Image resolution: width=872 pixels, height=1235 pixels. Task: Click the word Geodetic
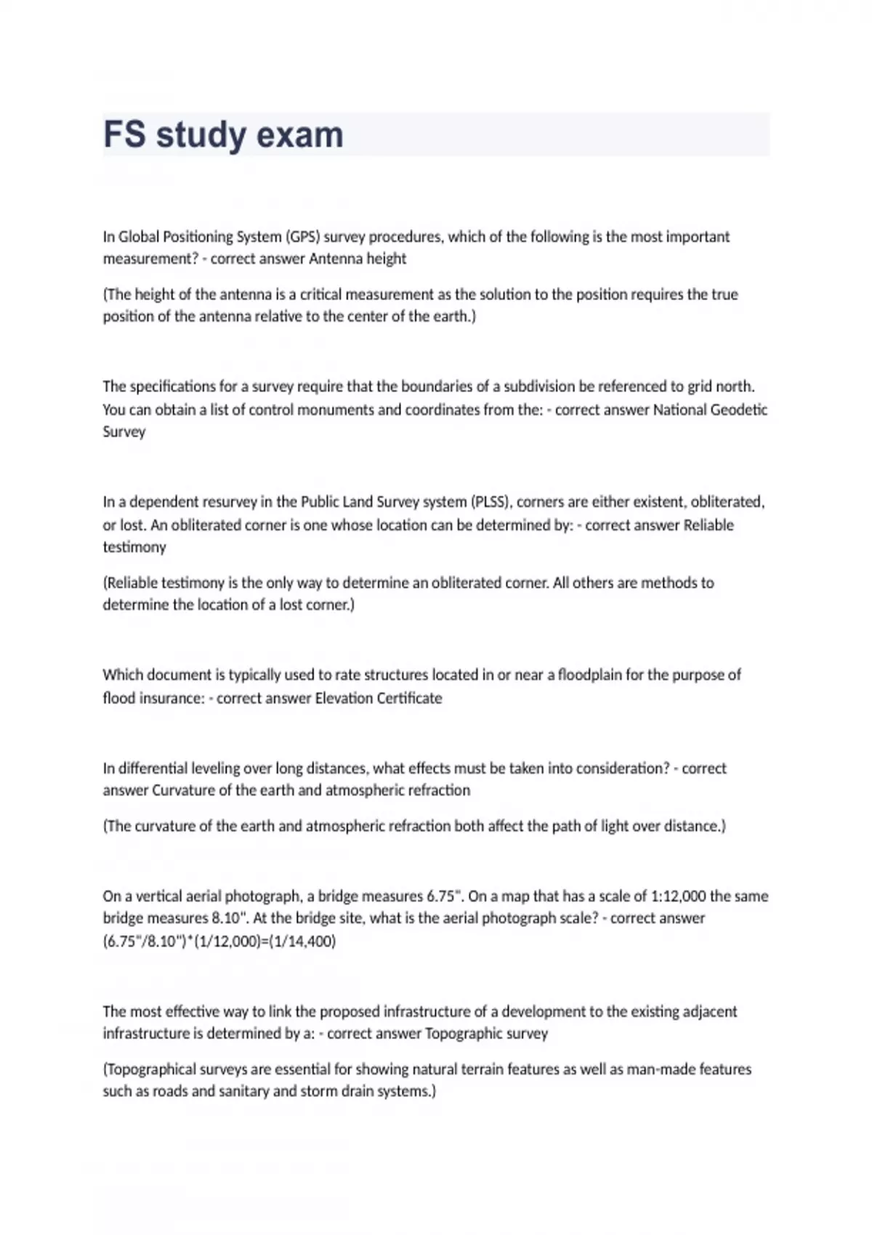pos(739,410)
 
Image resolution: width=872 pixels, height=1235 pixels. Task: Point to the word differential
pos(152,769)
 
